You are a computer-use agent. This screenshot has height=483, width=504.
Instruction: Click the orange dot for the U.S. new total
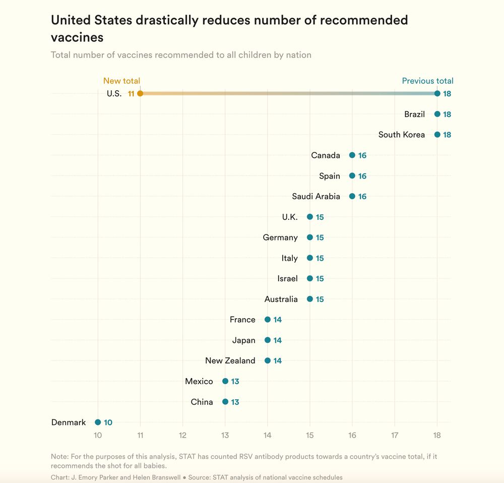(x=140, y=93)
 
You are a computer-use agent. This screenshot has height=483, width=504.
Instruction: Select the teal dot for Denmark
(x=98, y=422)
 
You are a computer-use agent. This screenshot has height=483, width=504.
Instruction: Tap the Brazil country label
(x=414, y=114)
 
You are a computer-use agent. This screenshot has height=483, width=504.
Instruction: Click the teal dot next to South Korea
(x=437, y=135)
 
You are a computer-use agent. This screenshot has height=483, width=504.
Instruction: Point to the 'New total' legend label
(x=121, y=81)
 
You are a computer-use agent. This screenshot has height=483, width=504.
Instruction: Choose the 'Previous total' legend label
(x=427, y=81)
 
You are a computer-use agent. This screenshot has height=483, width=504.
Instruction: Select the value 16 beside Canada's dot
(x=362, y=155)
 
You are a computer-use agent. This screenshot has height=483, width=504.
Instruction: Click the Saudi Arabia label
(x=316, y=197)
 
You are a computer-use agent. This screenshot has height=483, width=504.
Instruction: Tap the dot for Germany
(x=310, y=237)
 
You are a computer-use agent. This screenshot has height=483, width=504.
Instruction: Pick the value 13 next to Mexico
(x=235, y=382)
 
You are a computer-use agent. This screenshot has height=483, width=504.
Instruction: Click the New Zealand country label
(x=230, y=361)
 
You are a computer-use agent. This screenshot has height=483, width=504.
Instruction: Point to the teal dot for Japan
(x=268, y=340)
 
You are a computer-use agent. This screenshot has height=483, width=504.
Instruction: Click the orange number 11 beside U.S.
(x=131, y=94)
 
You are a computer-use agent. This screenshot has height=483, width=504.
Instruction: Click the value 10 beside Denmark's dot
(x=108, y=423)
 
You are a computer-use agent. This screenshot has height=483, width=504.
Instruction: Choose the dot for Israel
(x=310, y=279)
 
